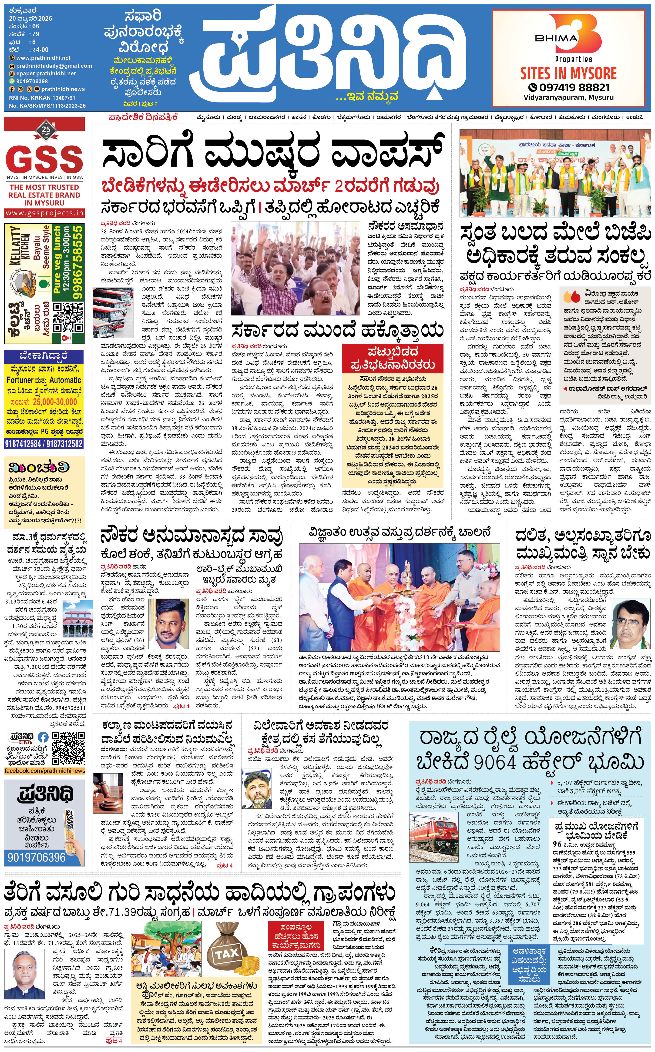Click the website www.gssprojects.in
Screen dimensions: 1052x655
click(x=45, y=213)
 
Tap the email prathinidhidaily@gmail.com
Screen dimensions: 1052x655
click(x=54, y=66)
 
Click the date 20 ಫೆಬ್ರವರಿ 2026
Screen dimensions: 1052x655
click(x=30, y=18)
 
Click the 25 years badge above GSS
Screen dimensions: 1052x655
click(x=46, y=130)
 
